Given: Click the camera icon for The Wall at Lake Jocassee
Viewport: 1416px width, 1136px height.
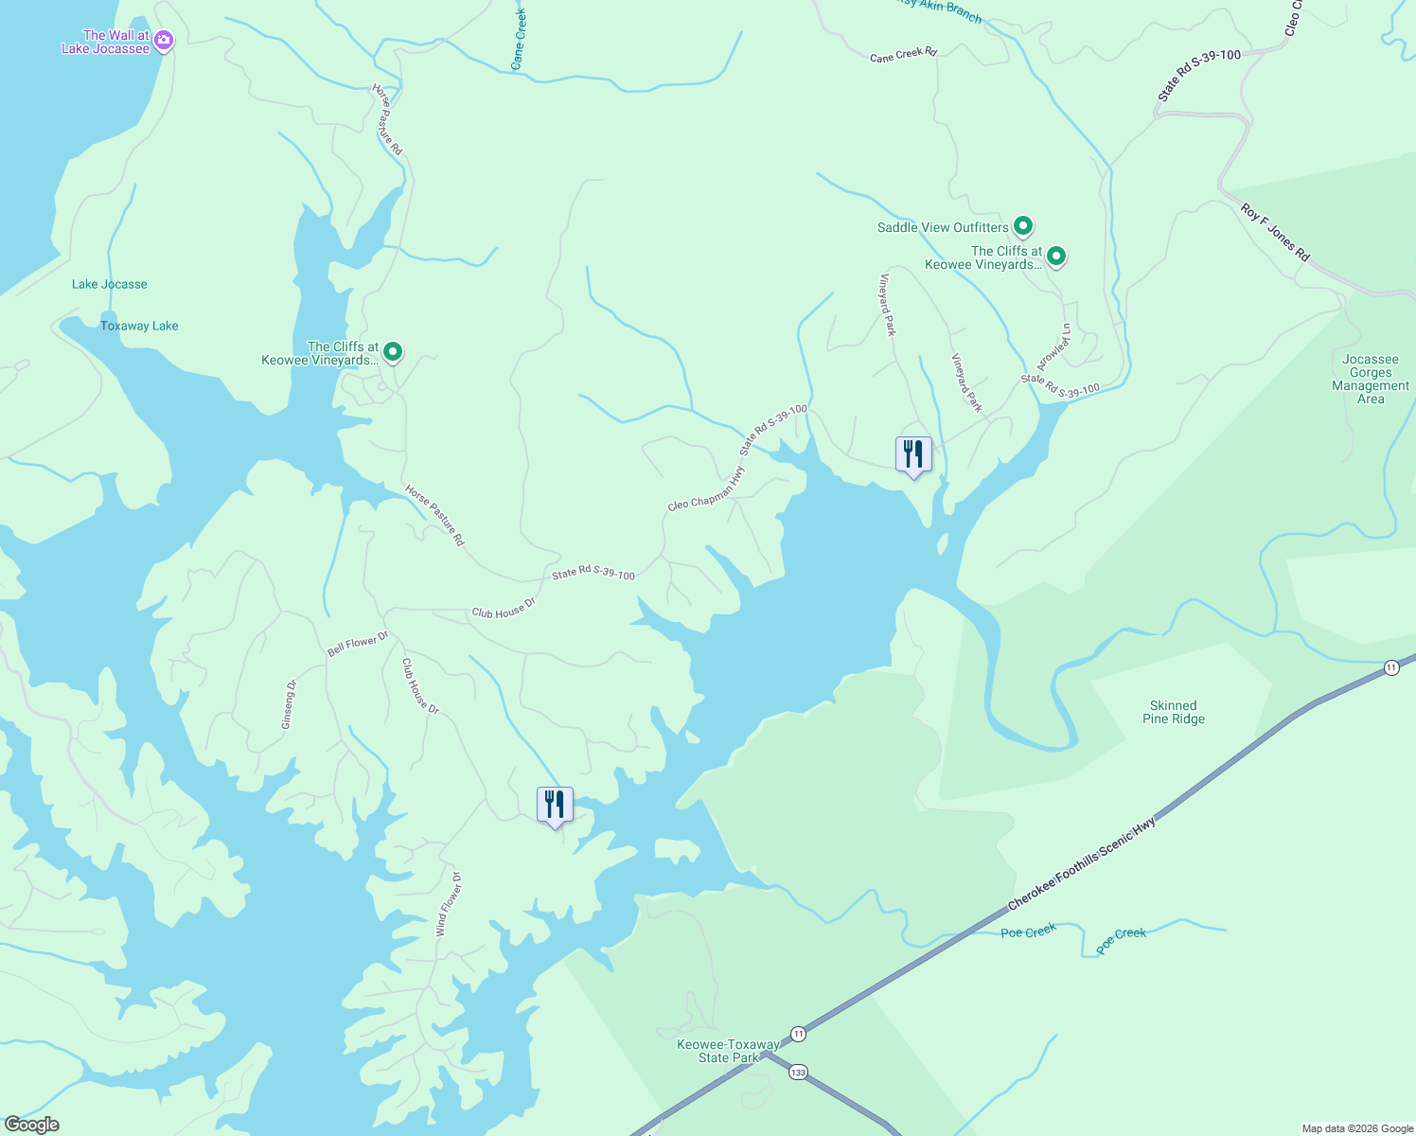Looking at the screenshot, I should (164, 40).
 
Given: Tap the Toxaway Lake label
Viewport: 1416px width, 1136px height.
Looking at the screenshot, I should (139, 326).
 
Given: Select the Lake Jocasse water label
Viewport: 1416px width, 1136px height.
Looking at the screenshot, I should (110, 284).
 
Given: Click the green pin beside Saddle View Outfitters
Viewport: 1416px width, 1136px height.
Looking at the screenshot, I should (1022, 226).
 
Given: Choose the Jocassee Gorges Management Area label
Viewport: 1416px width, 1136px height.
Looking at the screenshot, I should (1370, 379).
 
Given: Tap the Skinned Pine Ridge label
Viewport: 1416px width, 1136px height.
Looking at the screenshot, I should (1173, 712).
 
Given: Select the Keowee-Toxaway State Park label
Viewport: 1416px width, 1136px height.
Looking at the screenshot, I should (728, 1051).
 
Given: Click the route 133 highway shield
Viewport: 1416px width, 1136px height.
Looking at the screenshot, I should (799, 1073).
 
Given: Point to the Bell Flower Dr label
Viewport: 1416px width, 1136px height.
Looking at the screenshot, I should (358, 646).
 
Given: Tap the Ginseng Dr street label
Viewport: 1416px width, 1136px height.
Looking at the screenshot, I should (289, 704).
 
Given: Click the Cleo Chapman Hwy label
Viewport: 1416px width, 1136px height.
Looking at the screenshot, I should (705, 489).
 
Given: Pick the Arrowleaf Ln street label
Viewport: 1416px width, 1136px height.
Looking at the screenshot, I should (1053, 346).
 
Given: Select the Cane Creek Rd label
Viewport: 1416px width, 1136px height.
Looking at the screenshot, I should (903, 54).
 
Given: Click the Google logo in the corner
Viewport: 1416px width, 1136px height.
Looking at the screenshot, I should (31, 1124).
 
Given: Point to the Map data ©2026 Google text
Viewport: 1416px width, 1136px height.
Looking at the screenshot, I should (1356, 1128).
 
